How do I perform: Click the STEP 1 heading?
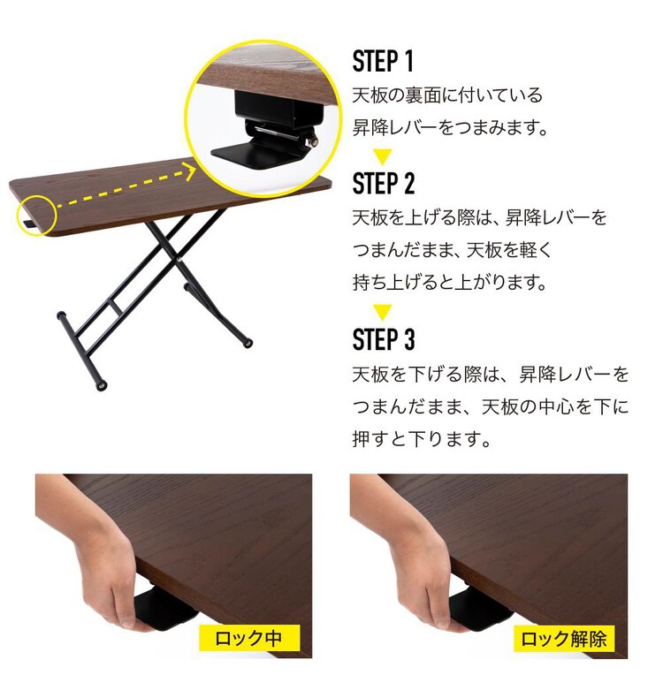(x=383, y=62)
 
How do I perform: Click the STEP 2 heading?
(x=383, y=184)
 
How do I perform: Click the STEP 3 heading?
(x=383, y=339)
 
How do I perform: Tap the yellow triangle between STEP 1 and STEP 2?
(x=382, y=157)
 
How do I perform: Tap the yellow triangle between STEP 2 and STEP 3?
(x=382, y=312)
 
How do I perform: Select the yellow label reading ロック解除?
(x=563, y=638)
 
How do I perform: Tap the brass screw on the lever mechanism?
(x=311, y=139)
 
